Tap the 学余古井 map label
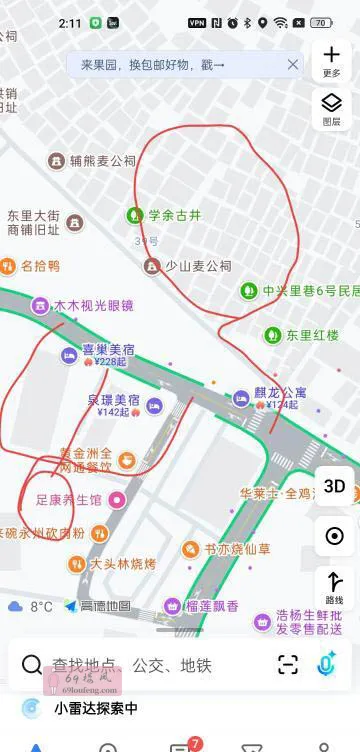[173, 214]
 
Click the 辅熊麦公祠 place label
[102, 160]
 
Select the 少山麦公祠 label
[198, 266]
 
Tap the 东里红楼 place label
[312, 334]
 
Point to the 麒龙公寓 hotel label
[279, 394]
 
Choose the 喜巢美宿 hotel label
[108, 350]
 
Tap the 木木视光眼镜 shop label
[93, 305]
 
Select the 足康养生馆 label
[68, 499]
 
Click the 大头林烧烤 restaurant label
[123, 563]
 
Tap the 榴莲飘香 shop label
[211, 606]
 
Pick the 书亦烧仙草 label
[237, 548]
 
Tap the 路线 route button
[334, 586]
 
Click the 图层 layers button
[332, 107]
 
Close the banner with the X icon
[293, 65]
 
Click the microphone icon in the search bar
[327, 664]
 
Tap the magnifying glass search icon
[32, 665]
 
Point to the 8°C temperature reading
[41, 606]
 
